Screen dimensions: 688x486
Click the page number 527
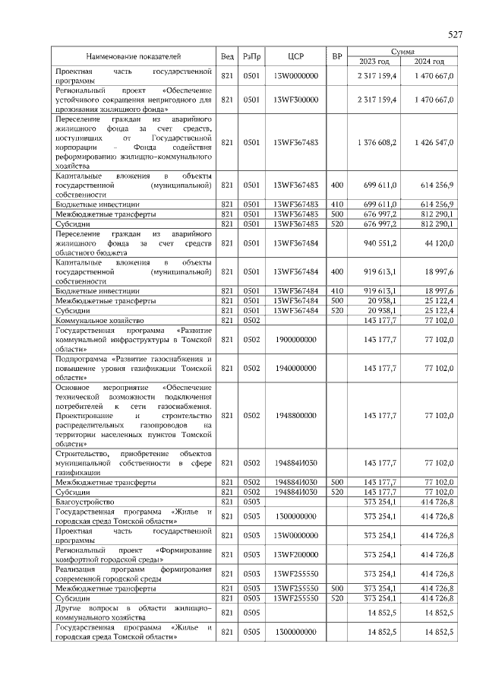455,35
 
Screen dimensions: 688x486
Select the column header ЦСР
296,56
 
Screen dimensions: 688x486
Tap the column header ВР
337,56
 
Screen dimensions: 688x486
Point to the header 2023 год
373,62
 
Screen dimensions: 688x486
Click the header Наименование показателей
133,56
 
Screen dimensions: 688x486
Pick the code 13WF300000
296,99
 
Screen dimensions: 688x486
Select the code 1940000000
296,368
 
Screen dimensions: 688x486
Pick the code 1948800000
296,415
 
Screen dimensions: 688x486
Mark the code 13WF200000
296,554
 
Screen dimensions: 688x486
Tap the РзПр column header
251,56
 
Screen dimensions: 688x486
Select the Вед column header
226,56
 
